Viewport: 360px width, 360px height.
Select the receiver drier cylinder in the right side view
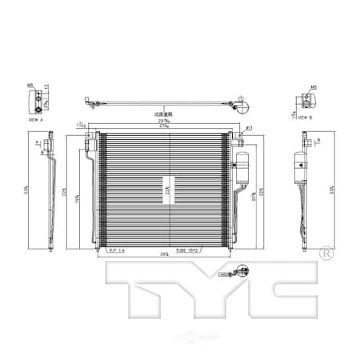point(302,164)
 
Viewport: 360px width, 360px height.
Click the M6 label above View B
point(314,86)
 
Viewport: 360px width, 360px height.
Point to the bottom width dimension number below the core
point(163,255)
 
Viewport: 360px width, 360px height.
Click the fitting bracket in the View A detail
point(36,99)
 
